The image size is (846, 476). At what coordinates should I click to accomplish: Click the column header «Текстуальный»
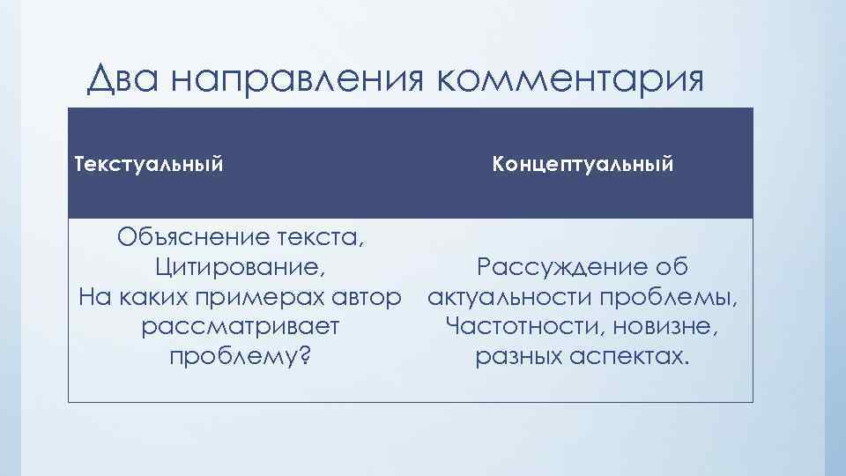point(148,164)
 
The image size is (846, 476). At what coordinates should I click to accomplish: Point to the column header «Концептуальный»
point(583,164)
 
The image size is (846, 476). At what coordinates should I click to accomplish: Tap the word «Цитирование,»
point(244,267)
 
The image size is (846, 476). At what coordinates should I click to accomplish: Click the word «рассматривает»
point(241,327)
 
